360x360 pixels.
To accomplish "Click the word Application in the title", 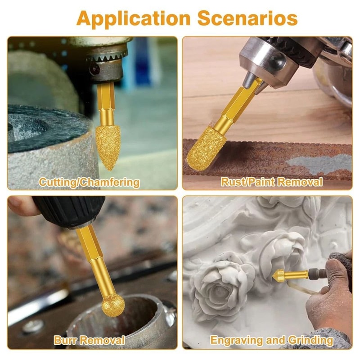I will coord(133,18).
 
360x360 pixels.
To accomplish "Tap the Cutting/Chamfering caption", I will coord(89,182).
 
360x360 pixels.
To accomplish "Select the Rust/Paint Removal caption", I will coord(271,182).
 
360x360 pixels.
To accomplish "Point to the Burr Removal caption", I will coord(89,340).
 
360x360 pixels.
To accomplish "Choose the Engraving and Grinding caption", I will coord(272,340).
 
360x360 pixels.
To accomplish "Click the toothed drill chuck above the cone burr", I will coord(106,58).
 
